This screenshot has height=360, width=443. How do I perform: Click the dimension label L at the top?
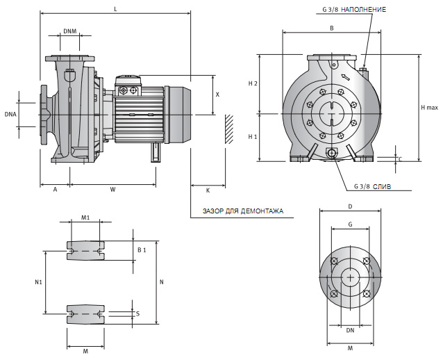coord(115,8)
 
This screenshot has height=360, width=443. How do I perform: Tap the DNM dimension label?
coord(69,31)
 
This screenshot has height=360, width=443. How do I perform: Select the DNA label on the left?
coord(10,113)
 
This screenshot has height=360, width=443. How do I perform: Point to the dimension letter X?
coord(217,94)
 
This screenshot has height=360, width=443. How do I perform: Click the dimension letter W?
coord(112,189)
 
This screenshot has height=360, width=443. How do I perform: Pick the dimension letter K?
coord(208,189)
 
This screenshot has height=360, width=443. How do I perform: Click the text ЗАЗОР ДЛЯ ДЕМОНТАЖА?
coord(242,211)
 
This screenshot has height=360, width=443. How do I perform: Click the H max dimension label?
coord(430,108)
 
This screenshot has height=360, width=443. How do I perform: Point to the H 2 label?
coord(253,83)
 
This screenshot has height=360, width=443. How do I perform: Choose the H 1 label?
coord(253,137)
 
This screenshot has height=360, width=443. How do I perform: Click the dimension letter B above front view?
coord(332,28)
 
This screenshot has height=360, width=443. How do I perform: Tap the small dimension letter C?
coord(400,158)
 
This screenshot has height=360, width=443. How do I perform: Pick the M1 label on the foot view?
coord(85,218)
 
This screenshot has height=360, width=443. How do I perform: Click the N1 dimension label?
coord(39,283)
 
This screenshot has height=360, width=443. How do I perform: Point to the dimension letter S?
coord(138,314)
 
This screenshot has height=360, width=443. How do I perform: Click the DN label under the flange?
coord(350,330)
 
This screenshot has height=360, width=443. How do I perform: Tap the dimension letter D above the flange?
coord(350,206)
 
